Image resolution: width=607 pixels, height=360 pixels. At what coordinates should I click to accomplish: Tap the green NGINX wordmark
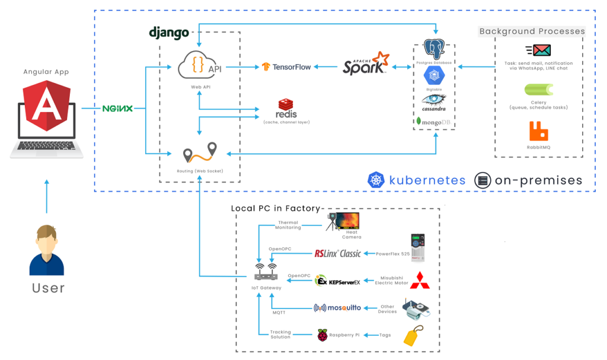point(117,109)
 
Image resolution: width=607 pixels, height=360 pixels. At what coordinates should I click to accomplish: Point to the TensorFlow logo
point(286,66)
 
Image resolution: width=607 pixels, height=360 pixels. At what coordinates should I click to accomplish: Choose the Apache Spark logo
point(366,64)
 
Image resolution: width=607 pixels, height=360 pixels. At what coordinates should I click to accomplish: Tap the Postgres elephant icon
point(435,50)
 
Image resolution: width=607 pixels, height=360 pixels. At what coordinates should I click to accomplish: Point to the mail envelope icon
point(538,50)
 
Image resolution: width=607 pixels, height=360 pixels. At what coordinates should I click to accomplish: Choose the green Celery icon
point(538,90)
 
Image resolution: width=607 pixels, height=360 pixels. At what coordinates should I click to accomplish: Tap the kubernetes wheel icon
point(376,180)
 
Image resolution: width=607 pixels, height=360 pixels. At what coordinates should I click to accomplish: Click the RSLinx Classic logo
point(337,253)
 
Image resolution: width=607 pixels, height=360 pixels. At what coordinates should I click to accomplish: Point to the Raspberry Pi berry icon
point(322,335)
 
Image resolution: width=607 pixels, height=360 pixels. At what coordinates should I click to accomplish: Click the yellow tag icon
point(413,336)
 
